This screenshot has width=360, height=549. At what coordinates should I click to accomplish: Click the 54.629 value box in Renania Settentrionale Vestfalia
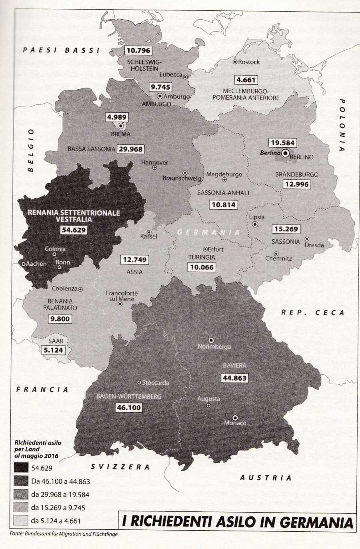tap(74, 230)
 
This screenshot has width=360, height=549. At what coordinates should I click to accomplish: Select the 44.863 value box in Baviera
tap(234, 378)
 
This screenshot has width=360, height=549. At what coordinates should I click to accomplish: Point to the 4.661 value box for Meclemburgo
tap(246, 80)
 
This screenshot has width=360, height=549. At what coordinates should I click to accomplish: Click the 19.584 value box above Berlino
tap(282, 143)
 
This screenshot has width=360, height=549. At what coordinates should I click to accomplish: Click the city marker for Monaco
tap(235, 417)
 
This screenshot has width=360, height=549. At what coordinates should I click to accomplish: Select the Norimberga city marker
tap(211, 341)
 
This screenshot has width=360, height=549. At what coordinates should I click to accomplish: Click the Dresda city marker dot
tap(307, 239)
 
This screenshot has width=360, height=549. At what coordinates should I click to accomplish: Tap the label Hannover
tap(154, 163)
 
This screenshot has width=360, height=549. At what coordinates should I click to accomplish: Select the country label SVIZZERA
tap(120, 467)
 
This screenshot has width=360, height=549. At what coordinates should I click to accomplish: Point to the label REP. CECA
tap(312, 313)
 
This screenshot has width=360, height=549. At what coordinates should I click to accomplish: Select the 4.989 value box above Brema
tap(117, 117)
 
